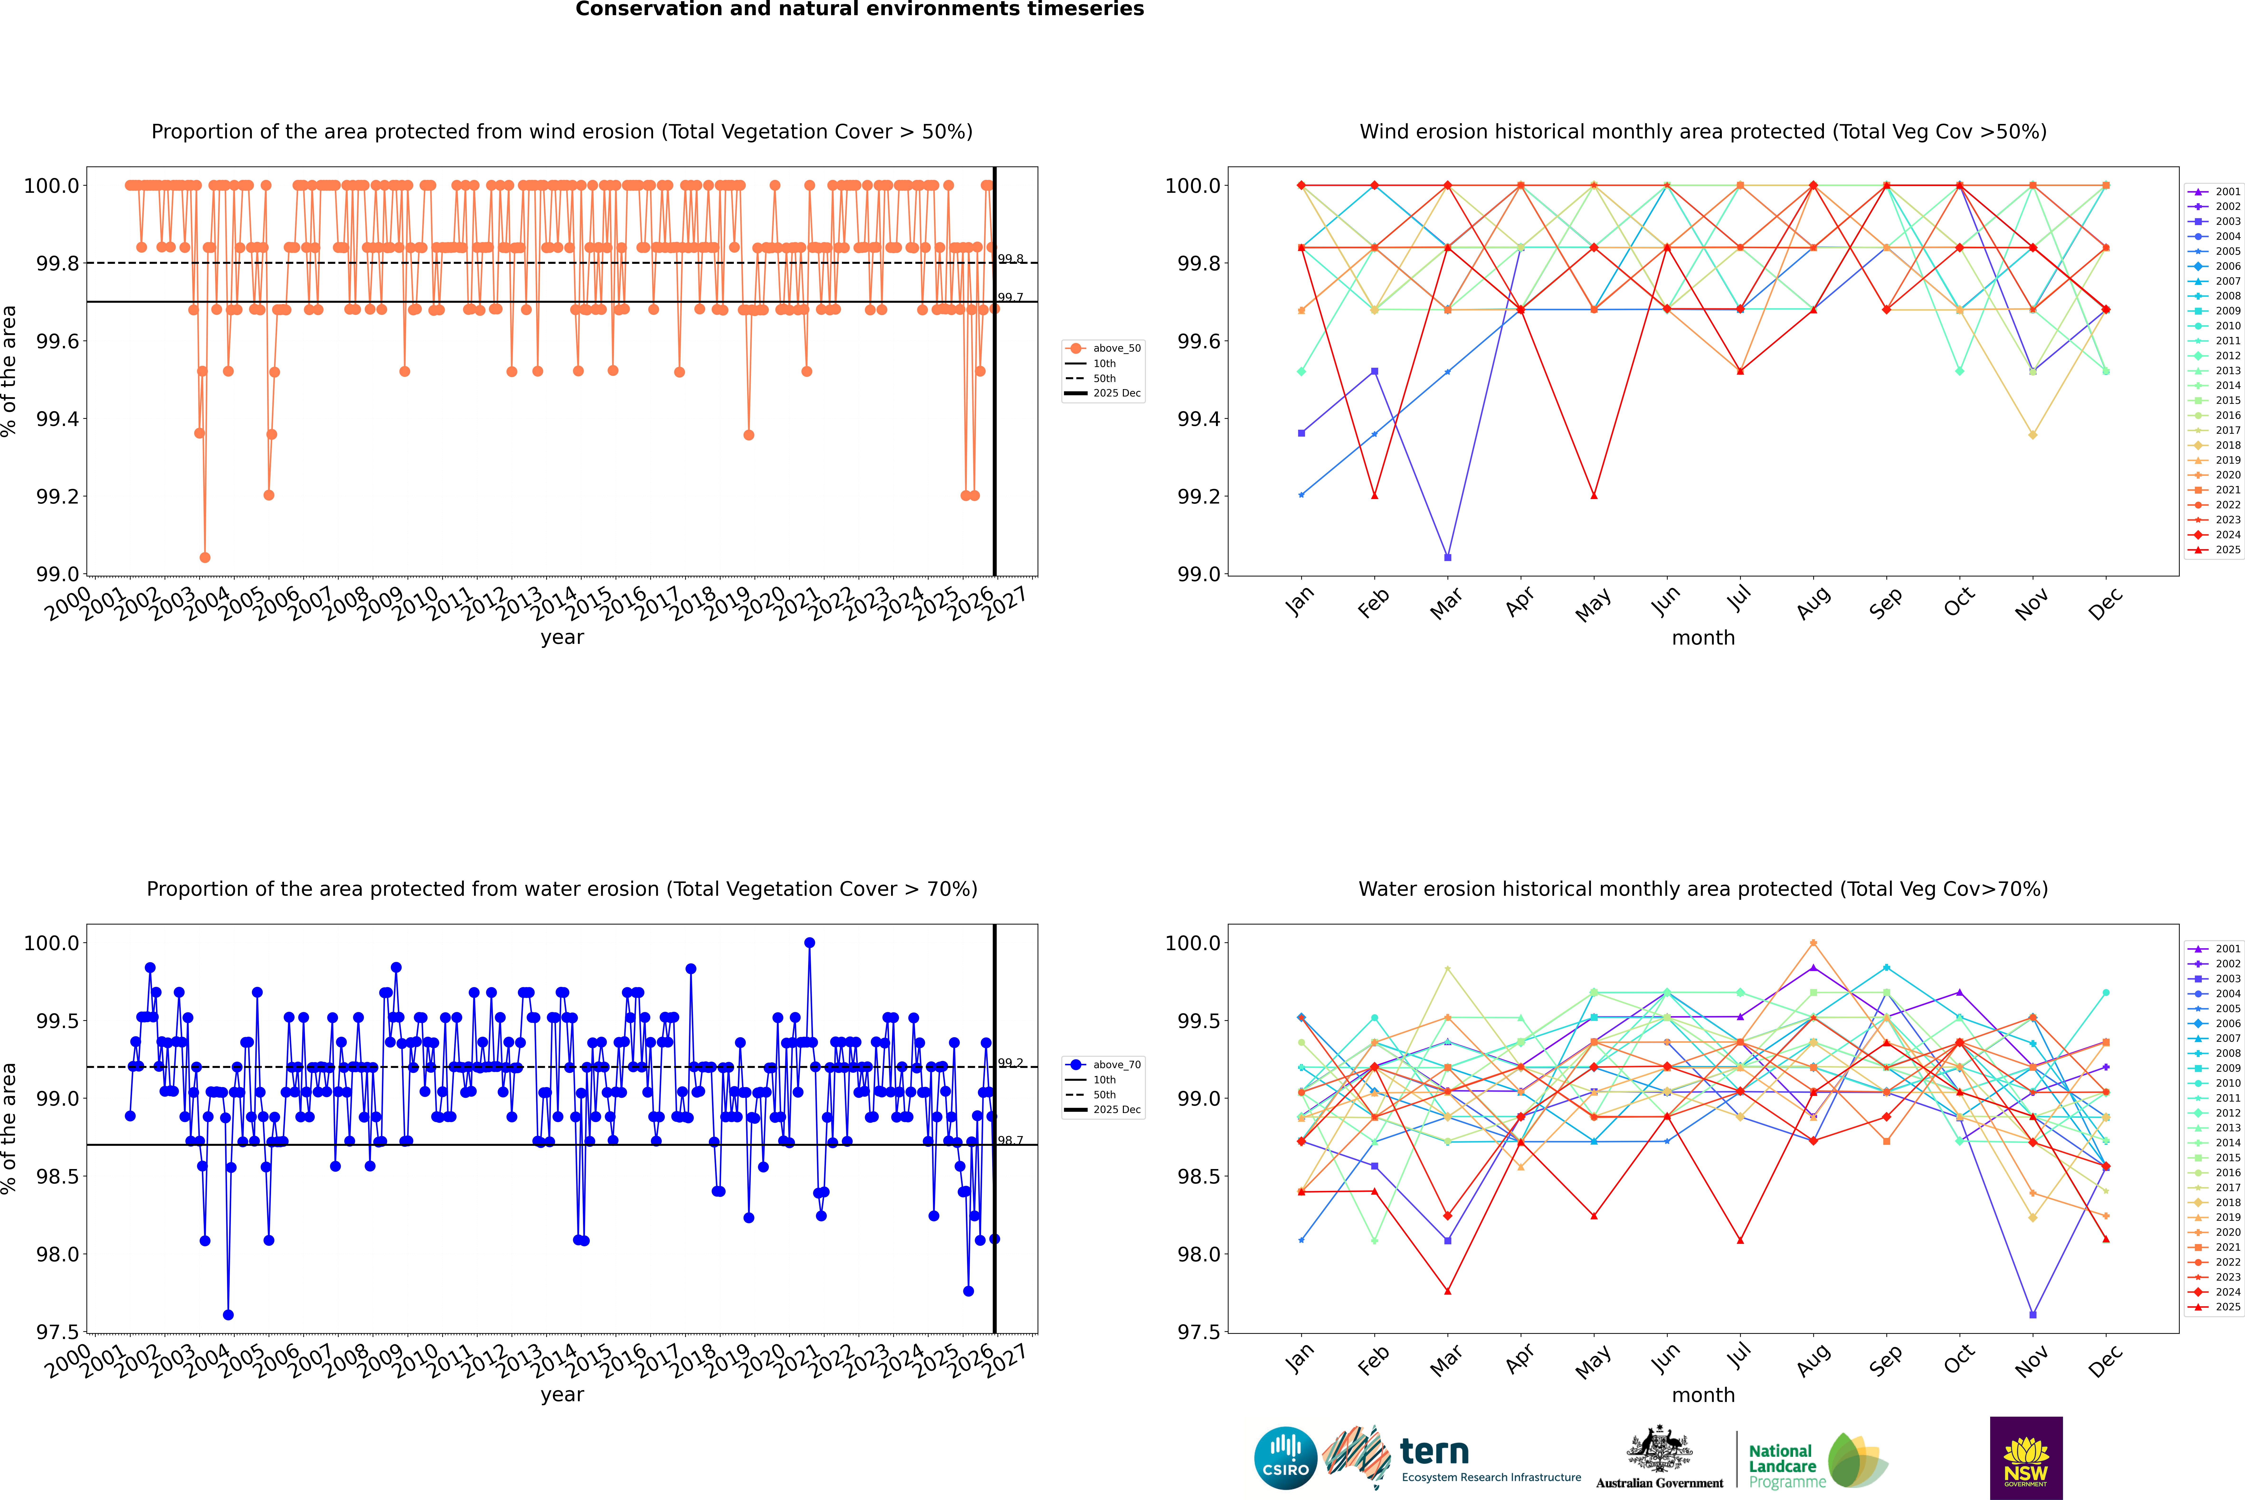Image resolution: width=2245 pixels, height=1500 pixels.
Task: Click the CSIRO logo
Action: pyautogui.click(x=1285, y=1458)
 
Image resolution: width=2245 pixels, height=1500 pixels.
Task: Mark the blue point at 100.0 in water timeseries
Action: pyautogui.click(x=810, y=942)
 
